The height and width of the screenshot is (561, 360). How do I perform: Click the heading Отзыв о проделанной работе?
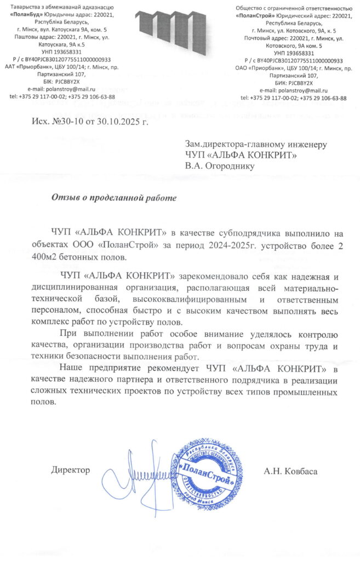coord(114,197)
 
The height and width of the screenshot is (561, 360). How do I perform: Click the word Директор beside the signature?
coord(71,470)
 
